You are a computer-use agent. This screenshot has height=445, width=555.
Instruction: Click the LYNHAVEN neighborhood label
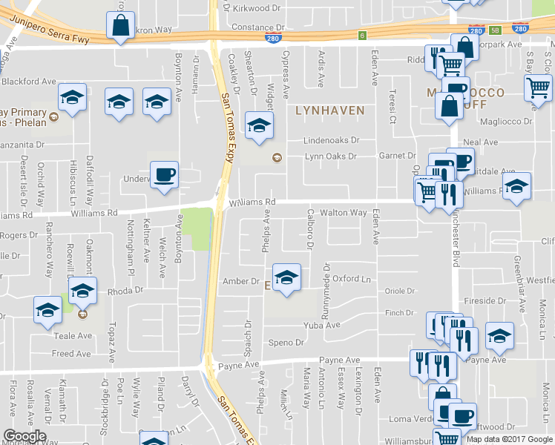(x=330, y=111)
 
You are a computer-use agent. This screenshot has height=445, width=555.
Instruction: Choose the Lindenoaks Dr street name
(x=331, y=140)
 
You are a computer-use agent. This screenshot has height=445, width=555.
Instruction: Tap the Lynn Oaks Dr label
(x=331, y=156)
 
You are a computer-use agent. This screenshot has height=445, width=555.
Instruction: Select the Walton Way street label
(x=343, y=213)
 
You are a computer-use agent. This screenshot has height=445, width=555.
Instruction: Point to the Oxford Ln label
(x=351, y=279)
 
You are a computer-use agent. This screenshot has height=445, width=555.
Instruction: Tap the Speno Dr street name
(x=286, y=343)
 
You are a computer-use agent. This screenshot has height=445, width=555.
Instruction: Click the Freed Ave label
(x=71, y=354)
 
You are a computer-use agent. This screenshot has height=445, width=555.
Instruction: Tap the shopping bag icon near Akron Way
(x=119, y=27)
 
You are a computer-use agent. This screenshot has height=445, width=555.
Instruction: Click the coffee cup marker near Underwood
(x=164, y=175)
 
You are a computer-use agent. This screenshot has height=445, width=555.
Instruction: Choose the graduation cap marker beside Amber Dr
(x=286, y=278)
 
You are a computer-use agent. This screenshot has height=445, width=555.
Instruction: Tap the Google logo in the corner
(x=24, y=436)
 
